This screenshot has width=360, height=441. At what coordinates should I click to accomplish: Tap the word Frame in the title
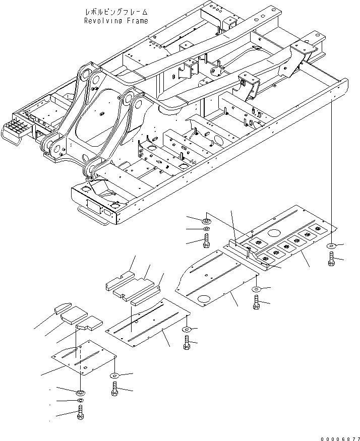pyautogui.click(x=138, y=21)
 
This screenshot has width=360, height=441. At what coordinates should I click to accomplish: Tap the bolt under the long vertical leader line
pyautogui.click(x=332, y=260)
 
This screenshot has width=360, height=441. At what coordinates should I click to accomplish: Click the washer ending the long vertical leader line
pyautogui.click(x=331, y=246)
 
